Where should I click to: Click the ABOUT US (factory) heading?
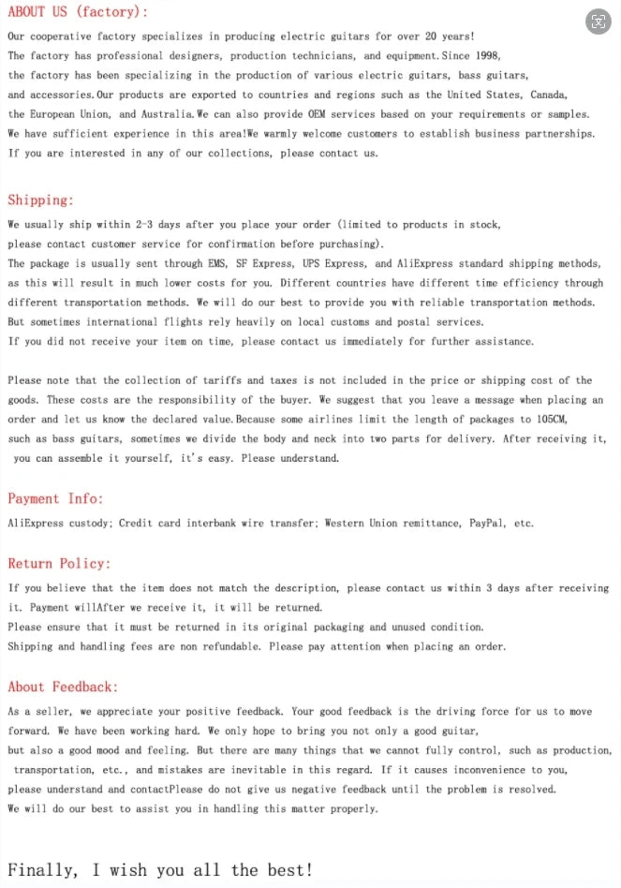78,12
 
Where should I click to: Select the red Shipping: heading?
40,200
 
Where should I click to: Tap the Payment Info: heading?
55,499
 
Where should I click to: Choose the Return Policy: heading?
59,564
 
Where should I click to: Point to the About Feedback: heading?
63,688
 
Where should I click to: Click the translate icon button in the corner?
598,22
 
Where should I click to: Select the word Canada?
548,95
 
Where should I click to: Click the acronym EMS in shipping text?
217,264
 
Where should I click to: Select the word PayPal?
487,524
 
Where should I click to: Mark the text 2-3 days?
157,225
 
